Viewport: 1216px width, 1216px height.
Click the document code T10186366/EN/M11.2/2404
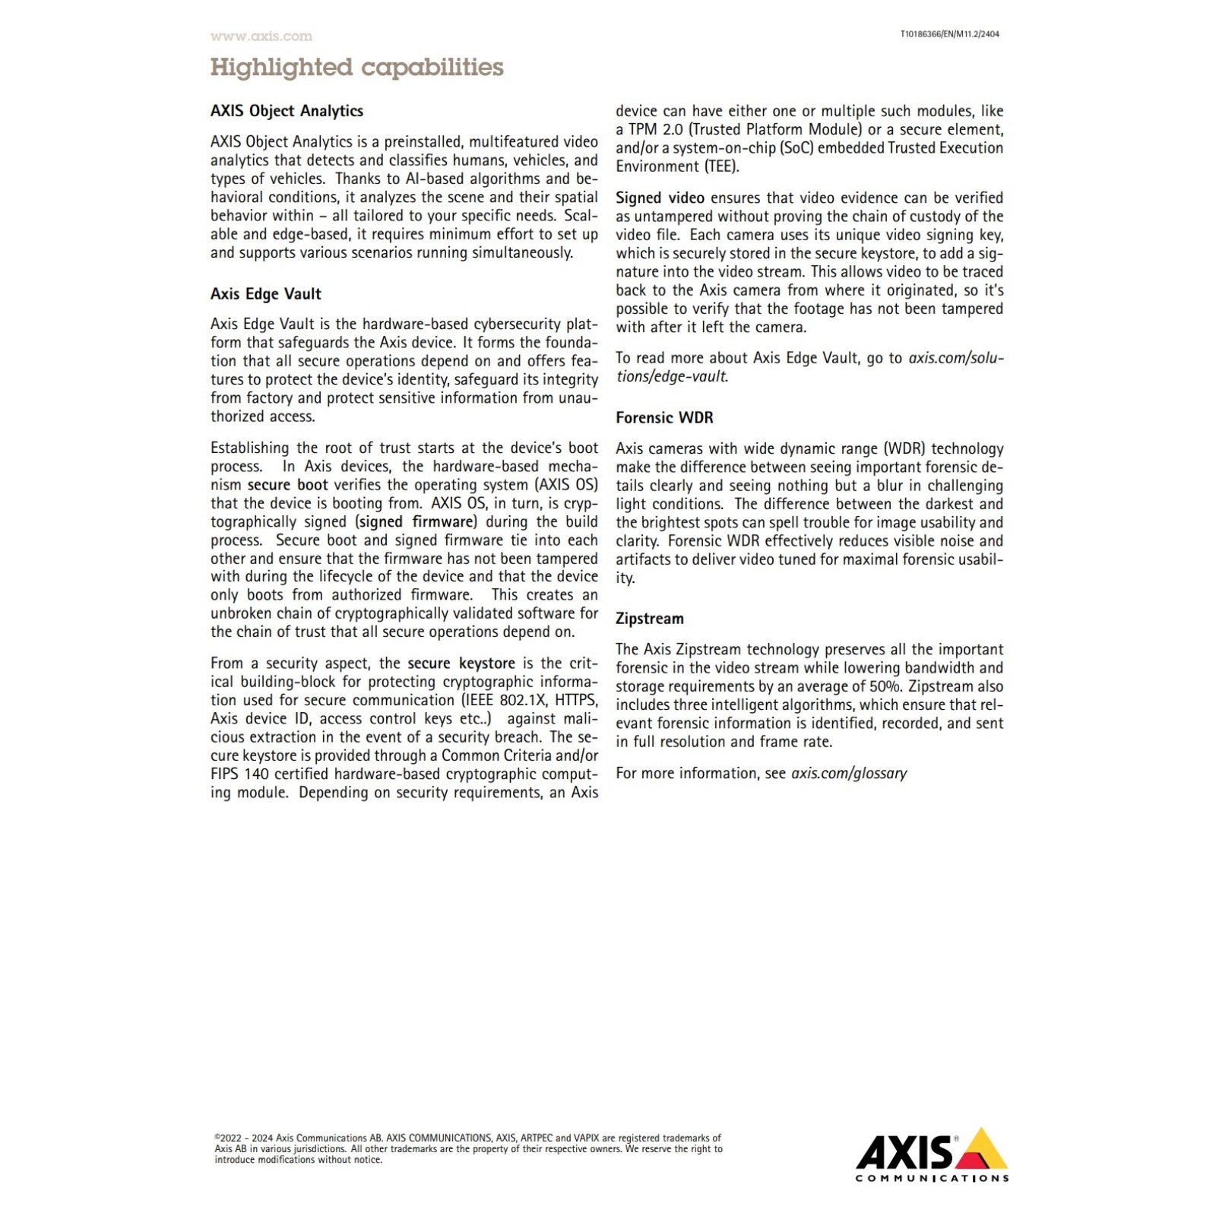[949, 34]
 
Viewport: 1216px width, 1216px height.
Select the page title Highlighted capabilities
[356, 67]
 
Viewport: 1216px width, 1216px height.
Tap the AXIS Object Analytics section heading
[287, 111]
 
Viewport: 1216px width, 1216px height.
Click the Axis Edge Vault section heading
[265, 294]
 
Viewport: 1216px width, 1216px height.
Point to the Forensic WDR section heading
[664, 417]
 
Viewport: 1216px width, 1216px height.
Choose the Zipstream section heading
[649, 619]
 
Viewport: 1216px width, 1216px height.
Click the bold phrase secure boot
[288, 485]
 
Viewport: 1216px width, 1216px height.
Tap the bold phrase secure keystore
[461, 663]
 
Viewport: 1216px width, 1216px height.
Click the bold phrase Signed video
[660, 198]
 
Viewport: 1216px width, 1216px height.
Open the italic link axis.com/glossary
[849, 773]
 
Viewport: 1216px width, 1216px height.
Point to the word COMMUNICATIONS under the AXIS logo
[932, 1178]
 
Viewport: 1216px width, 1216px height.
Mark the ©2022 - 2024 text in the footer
[242, 1138]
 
